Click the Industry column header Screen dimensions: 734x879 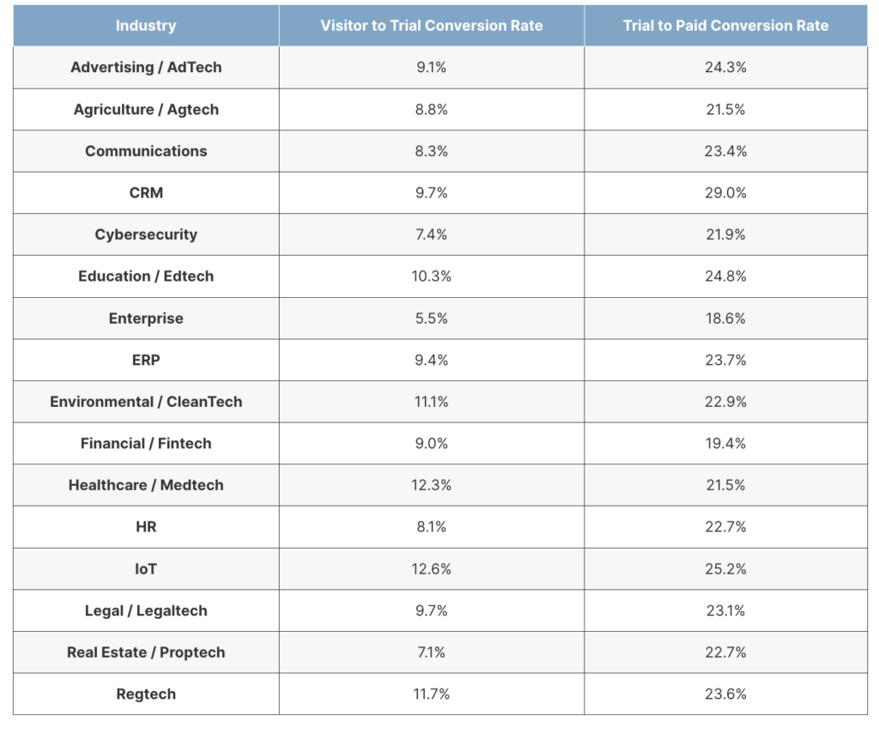coord(146,26)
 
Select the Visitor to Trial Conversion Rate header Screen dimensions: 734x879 coord(431,26)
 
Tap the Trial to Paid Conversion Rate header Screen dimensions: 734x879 coord(725,26)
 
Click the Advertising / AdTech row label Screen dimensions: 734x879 coord(146,67)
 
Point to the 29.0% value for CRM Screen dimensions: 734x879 coord(725,193)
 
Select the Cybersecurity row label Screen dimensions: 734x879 coord(146,234)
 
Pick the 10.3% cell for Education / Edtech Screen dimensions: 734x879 coord(431,276)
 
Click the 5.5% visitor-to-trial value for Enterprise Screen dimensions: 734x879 coord(431,318)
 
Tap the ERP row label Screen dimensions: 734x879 coord(146,360)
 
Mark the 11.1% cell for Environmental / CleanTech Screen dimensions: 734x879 coord(431,402)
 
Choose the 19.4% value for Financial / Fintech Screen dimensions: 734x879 coord(725,444)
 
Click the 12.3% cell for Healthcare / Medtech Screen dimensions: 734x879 coord(431,485)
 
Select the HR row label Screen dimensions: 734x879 coord(146,527)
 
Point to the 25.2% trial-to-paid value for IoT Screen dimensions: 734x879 coord(725,569)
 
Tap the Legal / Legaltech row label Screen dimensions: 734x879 coord(146,610)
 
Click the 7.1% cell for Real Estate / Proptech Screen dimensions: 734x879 coord(431,652)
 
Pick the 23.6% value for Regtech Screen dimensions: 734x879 coord(725,695)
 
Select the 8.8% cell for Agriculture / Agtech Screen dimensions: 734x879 coord(431,109)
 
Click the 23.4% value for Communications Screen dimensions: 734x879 coord(725,151)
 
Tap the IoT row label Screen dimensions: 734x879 coord(146,569)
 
